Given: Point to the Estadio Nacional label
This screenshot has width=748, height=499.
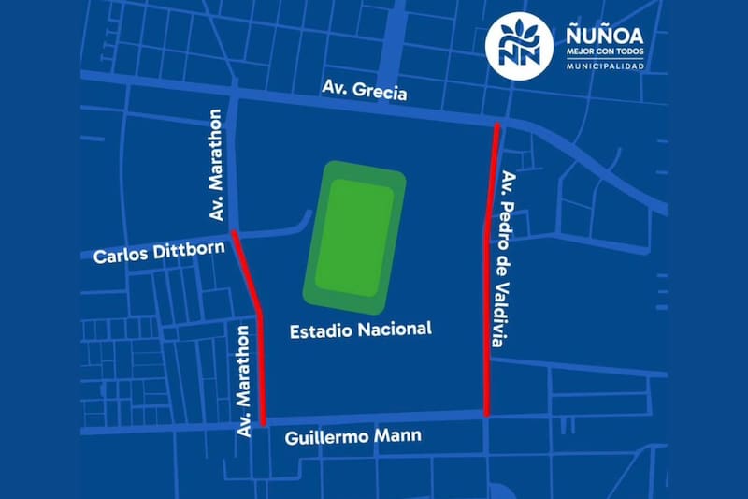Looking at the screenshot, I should (360, 330).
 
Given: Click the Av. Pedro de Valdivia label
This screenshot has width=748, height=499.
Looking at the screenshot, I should (508, 259).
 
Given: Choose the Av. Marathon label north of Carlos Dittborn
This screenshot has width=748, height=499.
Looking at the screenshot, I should (217, 166).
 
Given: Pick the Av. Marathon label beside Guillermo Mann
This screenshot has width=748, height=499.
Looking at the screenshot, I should (245, 381).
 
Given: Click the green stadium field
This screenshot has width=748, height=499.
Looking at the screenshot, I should (353, 238).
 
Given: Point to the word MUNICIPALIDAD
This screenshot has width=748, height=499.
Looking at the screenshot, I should (605, 66).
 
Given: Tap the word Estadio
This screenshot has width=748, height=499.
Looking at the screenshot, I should (317, 330).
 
